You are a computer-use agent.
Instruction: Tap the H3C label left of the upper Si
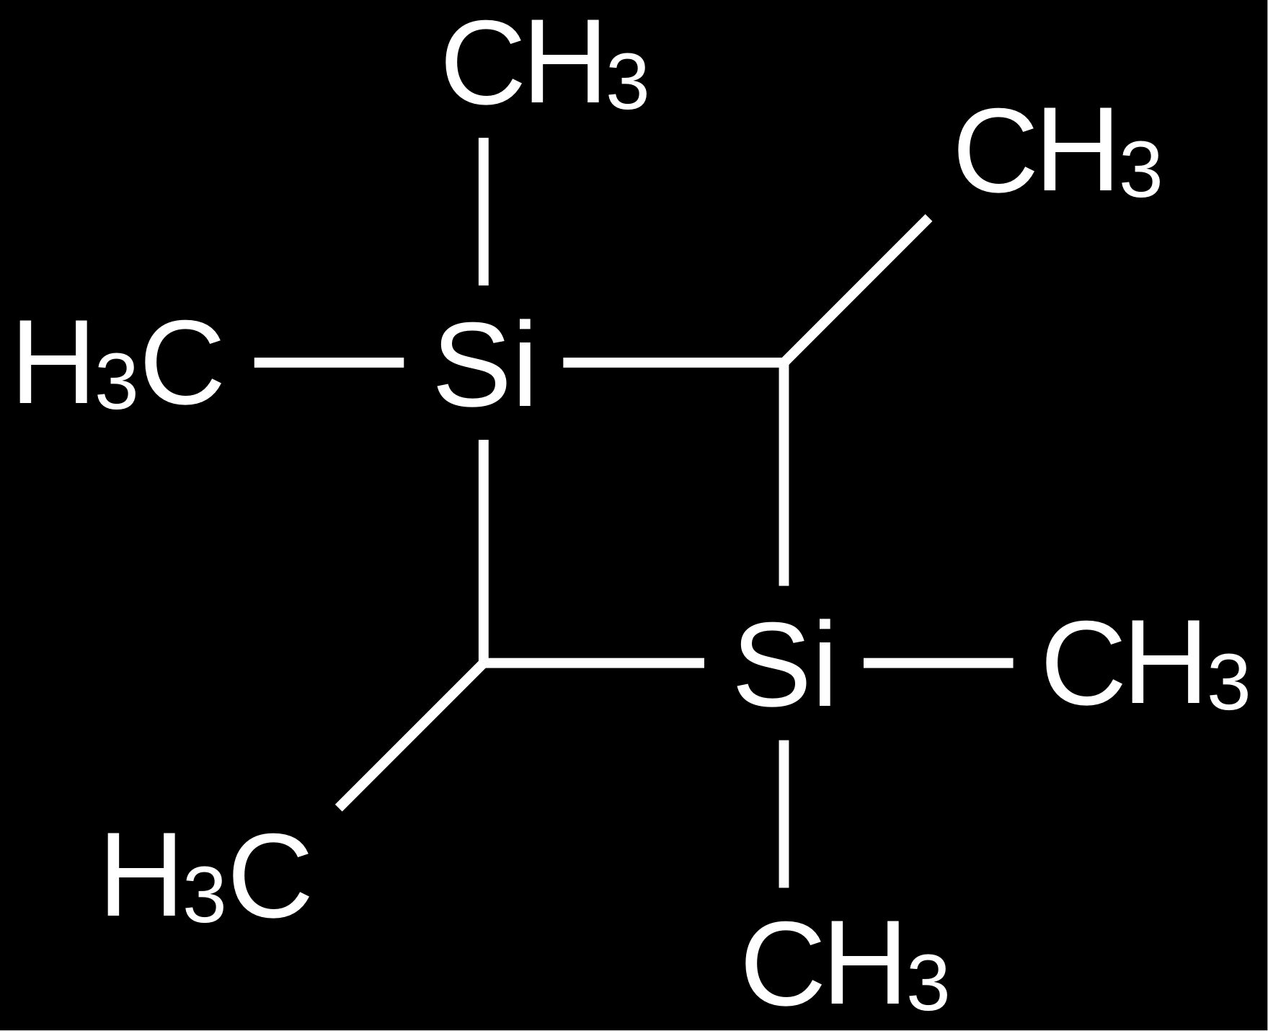click(118, 365)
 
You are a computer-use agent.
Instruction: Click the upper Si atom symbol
click(484, 364)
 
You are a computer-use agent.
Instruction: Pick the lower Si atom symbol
click(784, 663)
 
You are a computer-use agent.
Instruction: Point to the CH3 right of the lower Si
click(1145, 664)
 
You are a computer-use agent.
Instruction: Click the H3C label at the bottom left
click(208, 876)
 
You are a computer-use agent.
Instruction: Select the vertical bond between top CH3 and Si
click(484, 211)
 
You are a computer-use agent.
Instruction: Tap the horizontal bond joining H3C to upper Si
click(329, 362)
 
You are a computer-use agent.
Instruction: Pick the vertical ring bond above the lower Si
click(784, 474)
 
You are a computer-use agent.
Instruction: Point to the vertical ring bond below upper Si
click(484, 551)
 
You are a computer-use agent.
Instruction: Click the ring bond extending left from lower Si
click(593, 663)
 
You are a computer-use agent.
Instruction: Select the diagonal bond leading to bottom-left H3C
click(411, 735)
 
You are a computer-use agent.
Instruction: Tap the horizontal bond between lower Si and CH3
click(938, 663)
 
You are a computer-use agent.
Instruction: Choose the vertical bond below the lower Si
click(784, 813)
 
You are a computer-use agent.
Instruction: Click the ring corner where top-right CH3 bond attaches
click(784, 362)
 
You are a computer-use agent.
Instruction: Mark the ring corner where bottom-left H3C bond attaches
click(484, 663)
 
